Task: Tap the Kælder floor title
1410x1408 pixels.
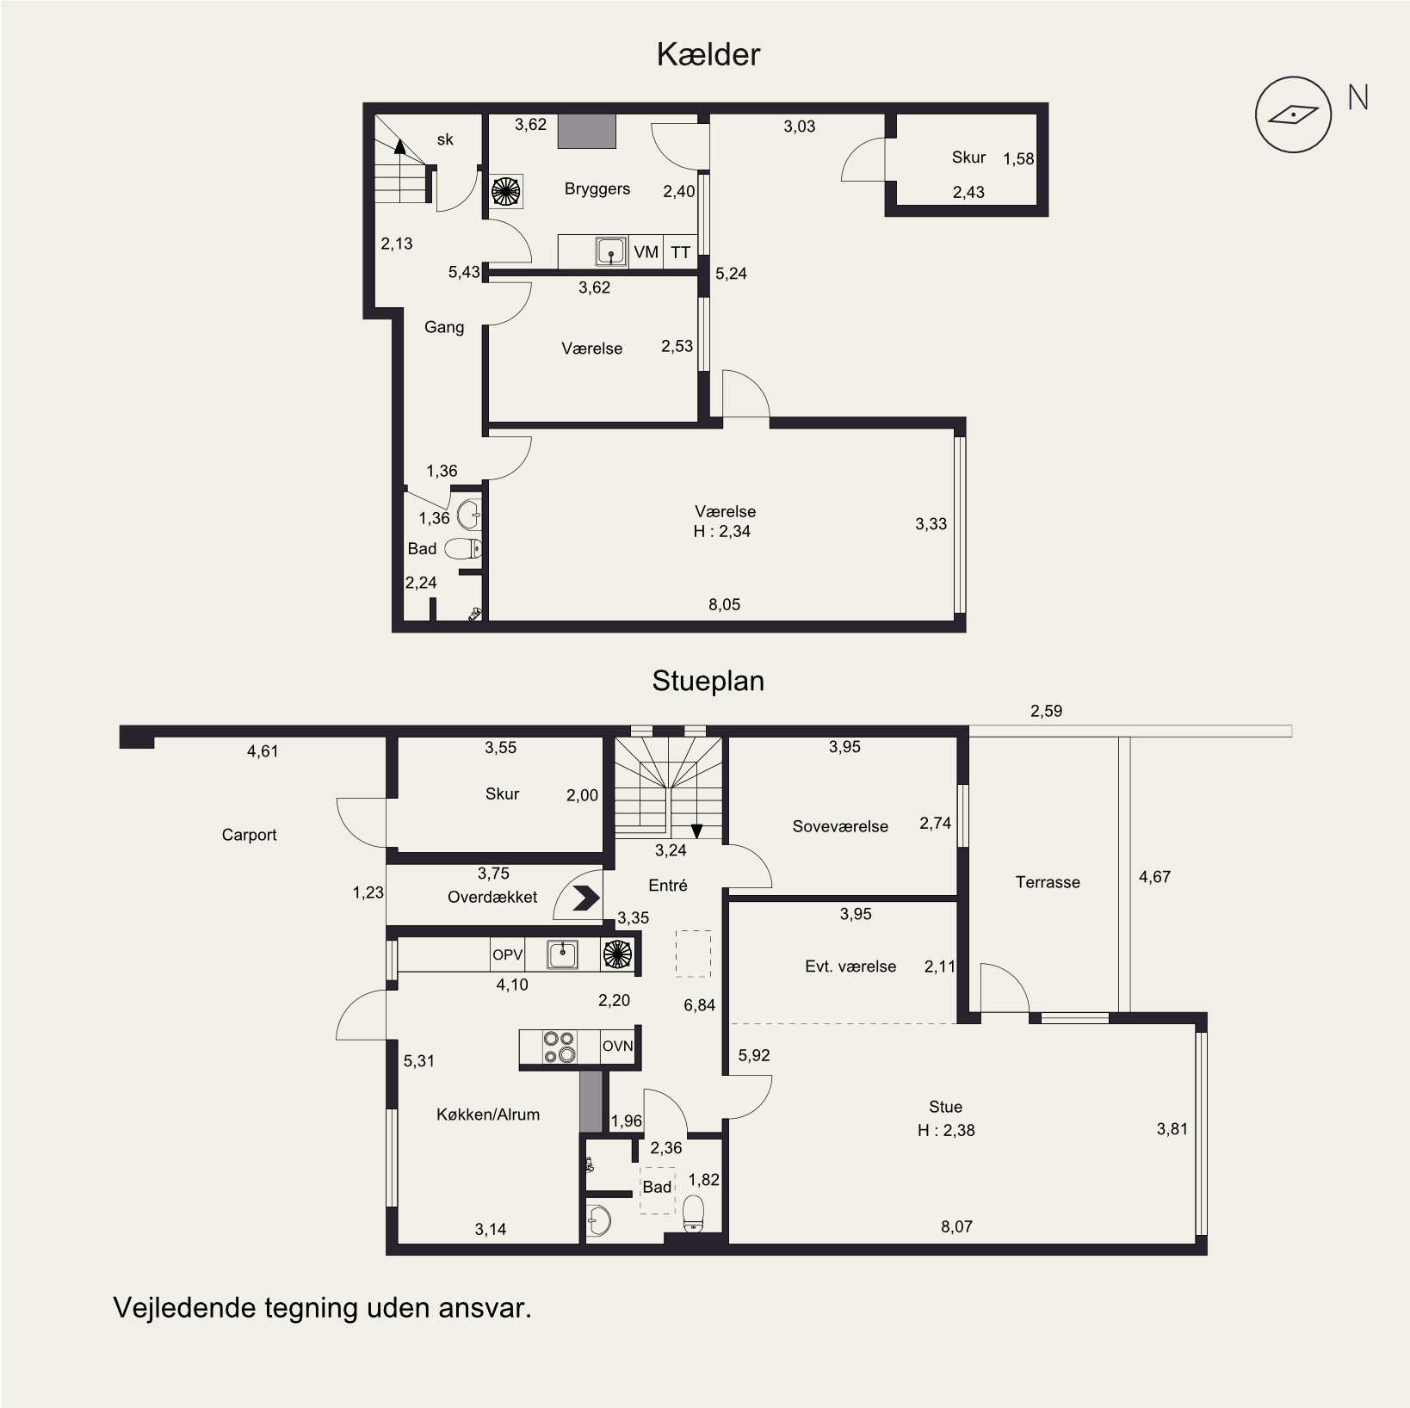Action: tap(708, 55)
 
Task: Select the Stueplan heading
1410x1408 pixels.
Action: tap(708, 681)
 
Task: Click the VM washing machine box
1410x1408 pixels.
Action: tap(646, 252)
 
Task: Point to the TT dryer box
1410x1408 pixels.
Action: tap(681, 252)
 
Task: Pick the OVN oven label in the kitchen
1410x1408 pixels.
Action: tap(617, 1047)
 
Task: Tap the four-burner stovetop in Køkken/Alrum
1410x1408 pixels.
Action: tap(559, 1047)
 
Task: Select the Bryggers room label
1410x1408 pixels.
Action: tap(597, 189)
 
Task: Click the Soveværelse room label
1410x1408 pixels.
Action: tap(840, 826)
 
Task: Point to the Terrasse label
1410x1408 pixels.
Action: tap(1048, 882)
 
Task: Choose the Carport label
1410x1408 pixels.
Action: tap(249, 835)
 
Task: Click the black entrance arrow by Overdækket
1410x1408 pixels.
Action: tap(586, 898)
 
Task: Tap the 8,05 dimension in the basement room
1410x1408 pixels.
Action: tap(724, 604)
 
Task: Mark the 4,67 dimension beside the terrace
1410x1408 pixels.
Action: tap(1154, 877)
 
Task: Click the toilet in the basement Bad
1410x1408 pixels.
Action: tap(463, 549)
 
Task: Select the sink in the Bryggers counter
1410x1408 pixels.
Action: tap(611, 252)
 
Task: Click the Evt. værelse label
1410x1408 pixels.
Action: tap(850, 966)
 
